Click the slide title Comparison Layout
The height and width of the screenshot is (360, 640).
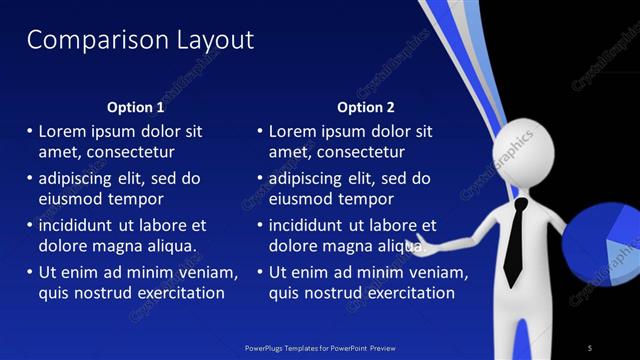[140, 40]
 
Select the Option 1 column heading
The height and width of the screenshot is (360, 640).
[135, 107]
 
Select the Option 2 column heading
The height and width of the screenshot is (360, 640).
[366, 107]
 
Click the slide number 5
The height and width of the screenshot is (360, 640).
[589, 347]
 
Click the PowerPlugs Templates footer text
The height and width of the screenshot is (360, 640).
[319, 347]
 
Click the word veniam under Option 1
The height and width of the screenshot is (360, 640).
[209, 272]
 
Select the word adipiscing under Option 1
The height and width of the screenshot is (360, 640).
[80, 178]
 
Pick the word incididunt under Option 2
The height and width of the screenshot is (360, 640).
[314, 225]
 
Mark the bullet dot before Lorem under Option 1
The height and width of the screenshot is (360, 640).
[29, 131]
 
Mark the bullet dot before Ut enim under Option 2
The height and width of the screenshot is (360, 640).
[260, 272]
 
